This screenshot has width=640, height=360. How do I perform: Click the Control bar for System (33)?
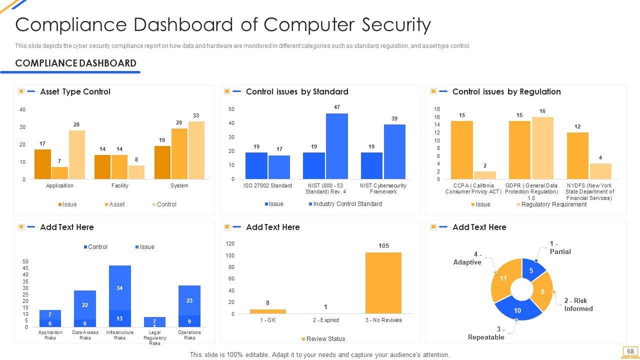point(196,150)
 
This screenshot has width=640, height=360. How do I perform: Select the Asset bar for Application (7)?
point(59,173)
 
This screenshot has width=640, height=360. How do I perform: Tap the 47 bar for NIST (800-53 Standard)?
point(336,146)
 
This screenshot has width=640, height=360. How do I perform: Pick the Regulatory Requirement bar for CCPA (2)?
point(484,175)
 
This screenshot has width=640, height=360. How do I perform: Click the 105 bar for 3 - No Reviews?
point(383,283)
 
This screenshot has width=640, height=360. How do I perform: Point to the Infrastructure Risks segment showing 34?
point(119,287)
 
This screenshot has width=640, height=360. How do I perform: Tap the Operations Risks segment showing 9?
point(189,321)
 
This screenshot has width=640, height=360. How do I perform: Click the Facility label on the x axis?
point(120,185)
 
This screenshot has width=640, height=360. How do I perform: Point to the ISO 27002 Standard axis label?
point(267,185)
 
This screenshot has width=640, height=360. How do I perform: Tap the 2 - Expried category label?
point(325,320)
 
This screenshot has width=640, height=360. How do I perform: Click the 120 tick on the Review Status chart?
point(230,243)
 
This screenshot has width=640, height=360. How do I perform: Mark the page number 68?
point(630,351)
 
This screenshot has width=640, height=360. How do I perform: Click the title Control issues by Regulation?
point(506,91)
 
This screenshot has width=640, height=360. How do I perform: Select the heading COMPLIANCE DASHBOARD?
point(75,63)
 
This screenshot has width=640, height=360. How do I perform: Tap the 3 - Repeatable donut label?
point(486,333)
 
